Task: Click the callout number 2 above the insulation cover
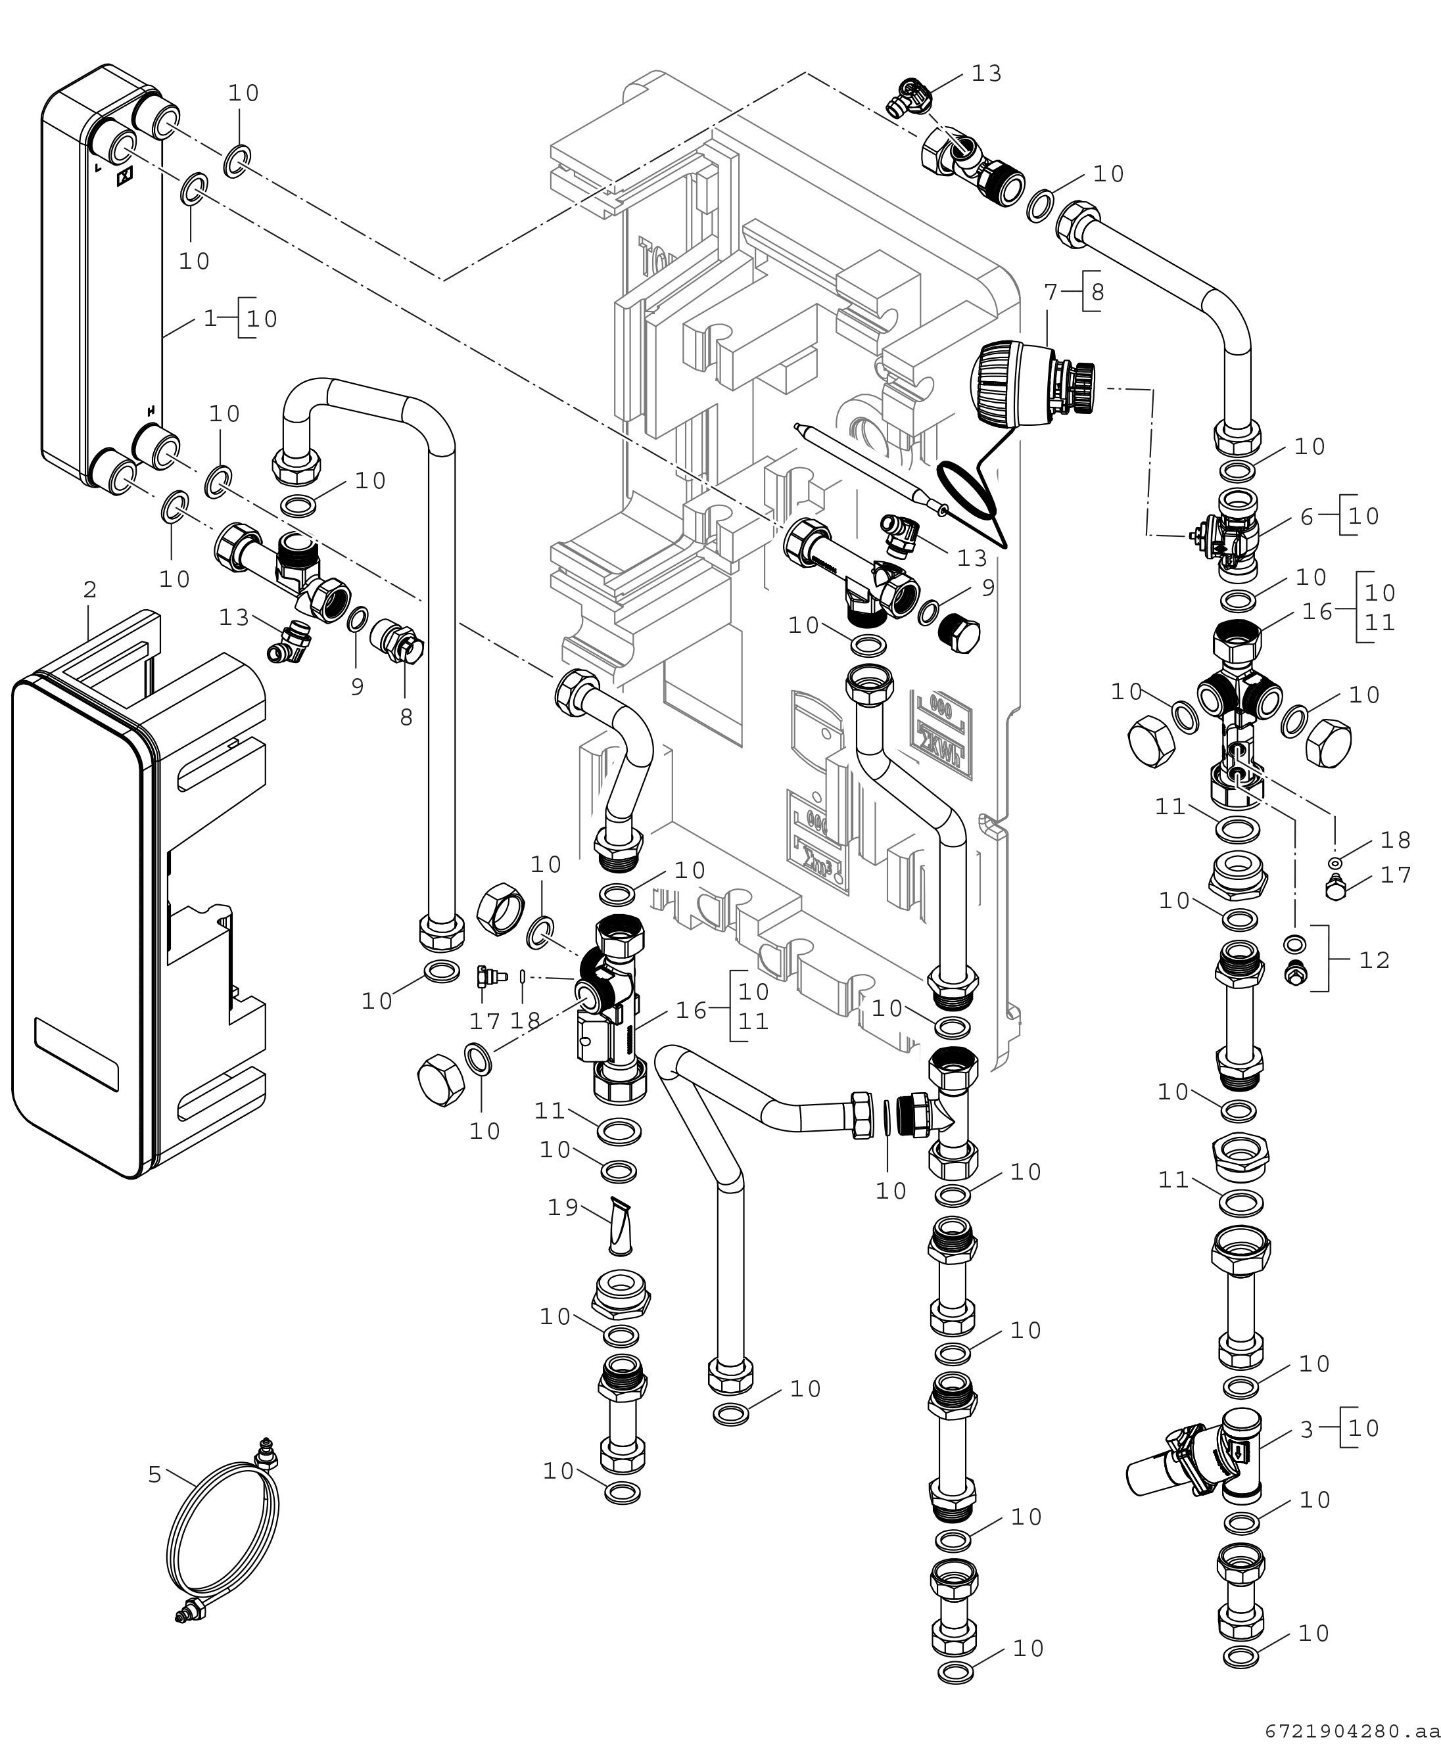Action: [x=89, y=590]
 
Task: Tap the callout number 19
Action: [x=563, y=1207]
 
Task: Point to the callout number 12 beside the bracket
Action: [x=1374, y=959]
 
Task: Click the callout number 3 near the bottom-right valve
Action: [x=1308, y=1429]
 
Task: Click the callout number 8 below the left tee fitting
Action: [x=406, y=717]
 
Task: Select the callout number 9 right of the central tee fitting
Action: [x=988, y=587]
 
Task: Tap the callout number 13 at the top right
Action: [x=986, y=73]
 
